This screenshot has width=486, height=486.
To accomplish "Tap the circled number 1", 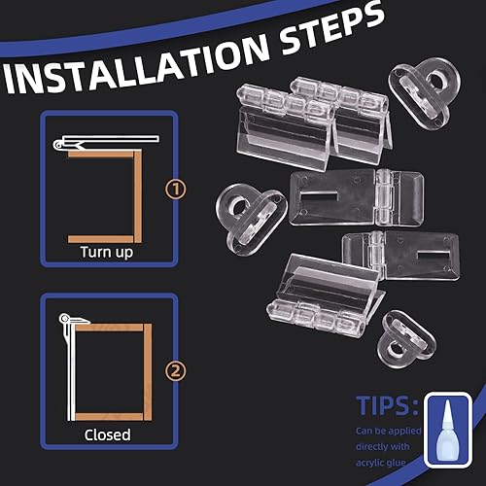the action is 176,190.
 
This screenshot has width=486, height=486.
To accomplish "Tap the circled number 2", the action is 176,371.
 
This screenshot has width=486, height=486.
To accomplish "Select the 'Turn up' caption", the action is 107,253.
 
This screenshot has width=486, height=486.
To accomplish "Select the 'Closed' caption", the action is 107,434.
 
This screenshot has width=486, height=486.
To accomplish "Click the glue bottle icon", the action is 448,430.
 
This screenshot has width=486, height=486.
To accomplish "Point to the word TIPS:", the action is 387,405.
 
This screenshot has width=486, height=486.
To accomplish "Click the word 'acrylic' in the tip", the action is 370,463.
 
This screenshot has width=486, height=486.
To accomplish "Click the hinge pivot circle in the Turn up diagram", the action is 58,145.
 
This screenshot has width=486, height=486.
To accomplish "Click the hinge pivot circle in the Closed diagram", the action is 64,319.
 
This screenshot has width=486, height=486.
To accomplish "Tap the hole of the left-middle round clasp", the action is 239,207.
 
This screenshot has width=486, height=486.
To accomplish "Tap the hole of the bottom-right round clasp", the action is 396,351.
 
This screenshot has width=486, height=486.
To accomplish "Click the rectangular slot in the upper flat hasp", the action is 320,196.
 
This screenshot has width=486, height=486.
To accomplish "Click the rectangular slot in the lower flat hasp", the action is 434,256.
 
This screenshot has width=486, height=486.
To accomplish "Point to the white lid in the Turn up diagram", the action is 110,139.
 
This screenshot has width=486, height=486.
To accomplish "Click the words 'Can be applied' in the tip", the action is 388,431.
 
